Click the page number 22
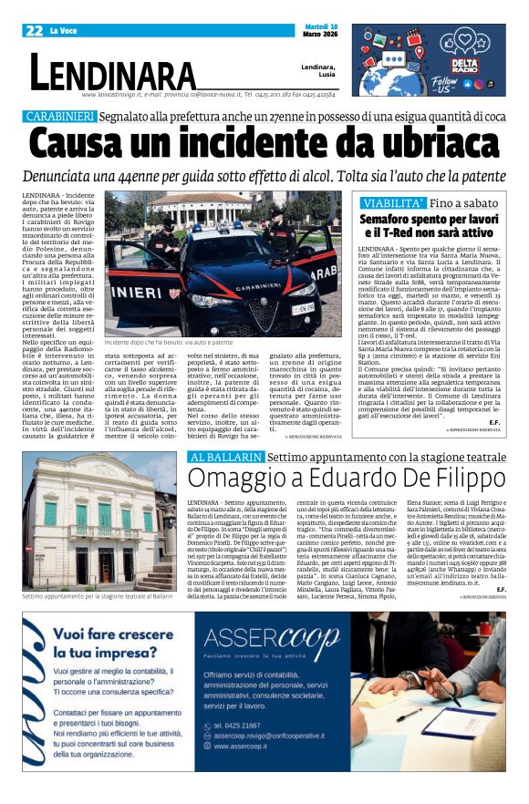(x=36, y=31)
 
